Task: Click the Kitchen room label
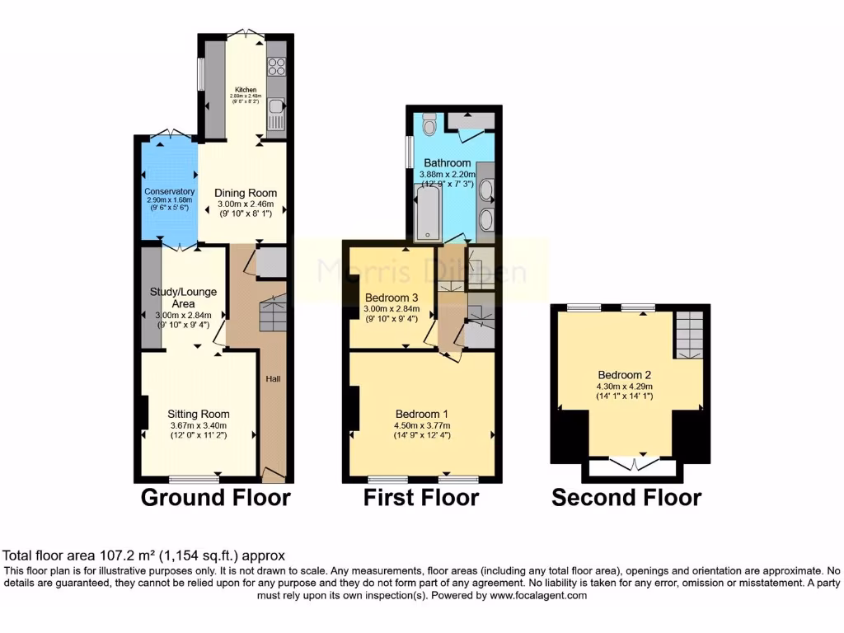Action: pyautogui.click(x=246, y=90)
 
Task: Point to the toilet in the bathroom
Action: pyautogui.click(x=428, y=124)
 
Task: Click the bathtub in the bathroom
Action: pyautogui.click(x=427, y=213)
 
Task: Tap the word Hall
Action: pyautogui.click(x=272, y=379)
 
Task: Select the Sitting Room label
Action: pyautogui.click(x=199, y=414)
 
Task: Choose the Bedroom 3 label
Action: pyautogui.click(x=387, y=298)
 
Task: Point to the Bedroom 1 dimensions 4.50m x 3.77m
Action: pyautogui.click(x=422, y=425)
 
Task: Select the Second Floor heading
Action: pyautogui.click(x=626, y=498)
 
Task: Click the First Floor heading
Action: pyautogui.click(x=421, y=498)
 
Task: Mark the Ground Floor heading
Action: pyautogui.click(x=215, y=498)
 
